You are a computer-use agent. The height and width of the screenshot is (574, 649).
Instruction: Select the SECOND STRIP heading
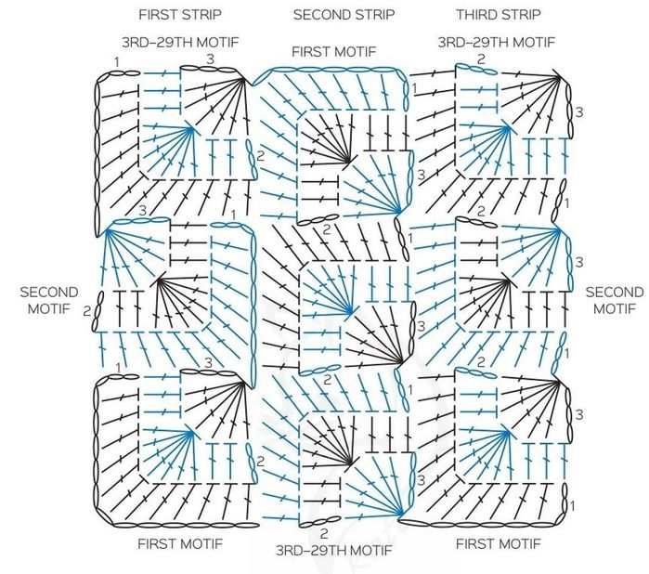pos(344,15)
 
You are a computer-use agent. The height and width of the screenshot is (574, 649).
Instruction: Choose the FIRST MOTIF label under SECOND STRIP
pos(333,51)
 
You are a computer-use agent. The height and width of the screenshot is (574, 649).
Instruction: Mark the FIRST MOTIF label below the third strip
pos(499,542)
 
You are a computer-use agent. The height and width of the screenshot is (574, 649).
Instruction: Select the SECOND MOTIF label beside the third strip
pos(615,299)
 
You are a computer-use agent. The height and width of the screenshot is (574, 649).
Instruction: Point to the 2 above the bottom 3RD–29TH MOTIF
pos(323,534)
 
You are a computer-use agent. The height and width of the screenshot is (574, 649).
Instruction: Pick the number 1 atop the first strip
pos(117,61)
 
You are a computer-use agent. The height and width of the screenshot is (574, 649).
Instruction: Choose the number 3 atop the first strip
pos(211,59)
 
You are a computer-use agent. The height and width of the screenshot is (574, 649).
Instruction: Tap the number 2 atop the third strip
pos(481,59)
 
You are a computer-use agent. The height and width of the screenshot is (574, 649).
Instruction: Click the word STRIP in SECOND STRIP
pos(372,15)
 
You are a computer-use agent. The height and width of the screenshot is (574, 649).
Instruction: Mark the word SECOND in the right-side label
pos(615,292)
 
